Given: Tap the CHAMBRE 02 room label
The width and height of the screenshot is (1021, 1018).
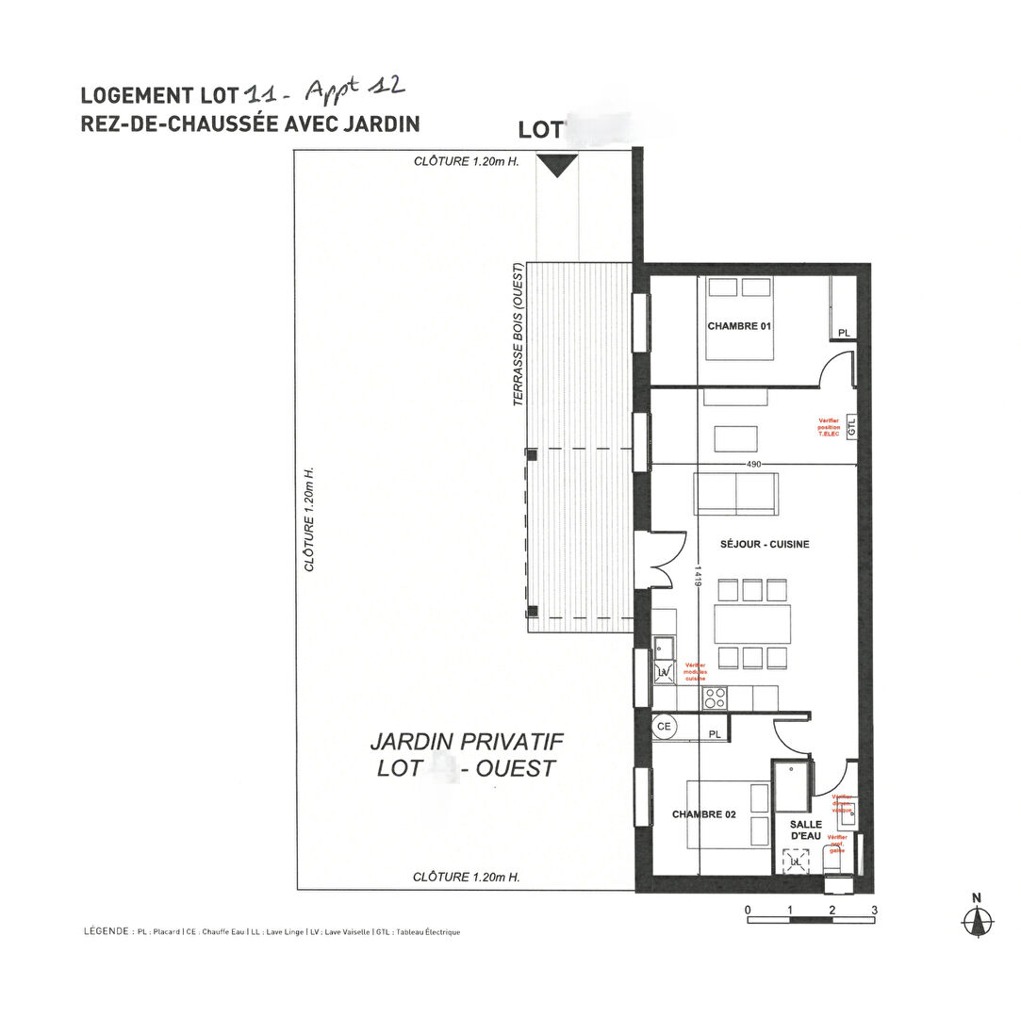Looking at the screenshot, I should (x=703, y=814).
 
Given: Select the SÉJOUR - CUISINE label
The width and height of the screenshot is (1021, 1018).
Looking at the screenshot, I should (x=765, y=544).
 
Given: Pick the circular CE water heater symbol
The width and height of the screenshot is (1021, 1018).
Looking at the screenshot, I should (x=664, y=727).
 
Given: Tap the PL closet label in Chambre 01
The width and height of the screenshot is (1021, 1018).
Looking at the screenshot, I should (x=843, y=333).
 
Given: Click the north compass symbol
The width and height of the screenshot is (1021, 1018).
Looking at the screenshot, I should (x=978, y=918).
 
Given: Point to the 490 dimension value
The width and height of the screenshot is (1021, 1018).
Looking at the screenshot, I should (x=753, y=465).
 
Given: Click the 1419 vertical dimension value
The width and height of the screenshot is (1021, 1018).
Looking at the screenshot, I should (x=698, y=577).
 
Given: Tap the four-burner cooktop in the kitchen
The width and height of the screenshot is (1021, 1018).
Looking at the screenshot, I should (x=715, y=698).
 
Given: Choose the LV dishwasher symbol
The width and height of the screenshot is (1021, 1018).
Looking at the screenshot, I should (x=664, y=671).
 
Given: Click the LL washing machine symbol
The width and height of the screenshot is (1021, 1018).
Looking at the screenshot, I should (x=797, y=861).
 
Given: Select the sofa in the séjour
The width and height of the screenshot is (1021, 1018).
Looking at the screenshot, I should (x=736, y=494).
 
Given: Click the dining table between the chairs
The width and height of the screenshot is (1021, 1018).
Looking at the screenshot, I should (x=752, y=624).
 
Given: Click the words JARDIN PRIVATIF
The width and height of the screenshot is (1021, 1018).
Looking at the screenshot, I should (x=467, y=741).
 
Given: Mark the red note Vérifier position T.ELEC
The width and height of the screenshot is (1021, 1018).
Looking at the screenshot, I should (x=829, y=426).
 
